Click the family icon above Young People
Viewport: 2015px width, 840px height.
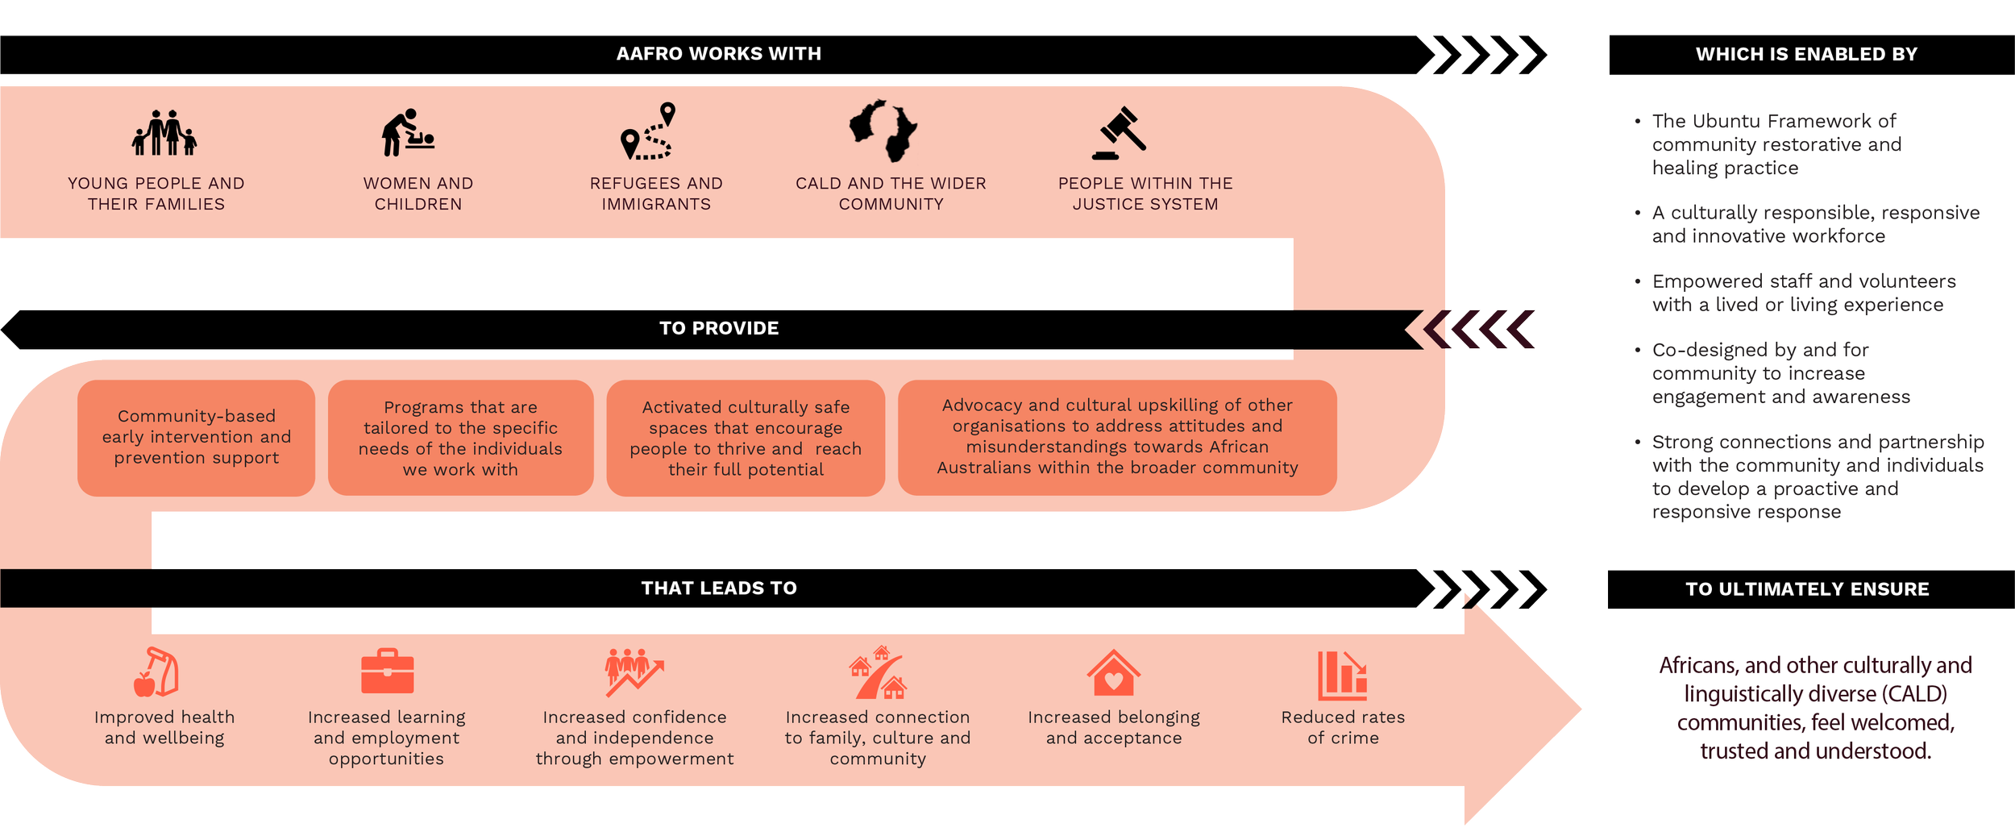[x=164, y=133]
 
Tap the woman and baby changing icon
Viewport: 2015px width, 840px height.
[x=408, y=133]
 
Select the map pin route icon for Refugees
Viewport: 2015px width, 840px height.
[x=648, y=131]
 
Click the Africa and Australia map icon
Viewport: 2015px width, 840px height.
[x=883, y=131]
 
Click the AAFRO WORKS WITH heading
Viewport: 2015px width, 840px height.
[x=718, y=54]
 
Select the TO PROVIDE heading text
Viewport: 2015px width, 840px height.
[x=718, y=329]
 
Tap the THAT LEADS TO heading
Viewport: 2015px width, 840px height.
[x=718, y=588]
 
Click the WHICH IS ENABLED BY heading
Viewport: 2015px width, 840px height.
[x=1805, y=55]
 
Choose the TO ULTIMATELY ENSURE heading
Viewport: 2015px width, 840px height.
[x=1807, y=589]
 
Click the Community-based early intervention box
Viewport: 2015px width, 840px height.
[x=196, y=438]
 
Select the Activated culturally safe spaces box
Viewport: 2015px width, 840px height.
[x=746, y=438]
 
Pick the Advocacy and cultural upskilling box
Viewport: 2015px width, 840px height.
[x=1117, y=437]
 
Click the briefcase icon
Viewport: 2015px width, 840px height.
[x=387, y=672]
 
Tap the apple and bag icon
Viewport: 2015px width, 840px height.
[x=156, y=672]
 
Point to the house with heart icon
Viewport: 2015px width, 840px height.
[x=1113, y=673]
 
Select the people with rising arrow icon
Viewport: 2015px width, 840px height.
[x=634, y=672]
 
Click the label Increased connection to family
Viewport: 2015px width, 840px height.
[x=878, y=738]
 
